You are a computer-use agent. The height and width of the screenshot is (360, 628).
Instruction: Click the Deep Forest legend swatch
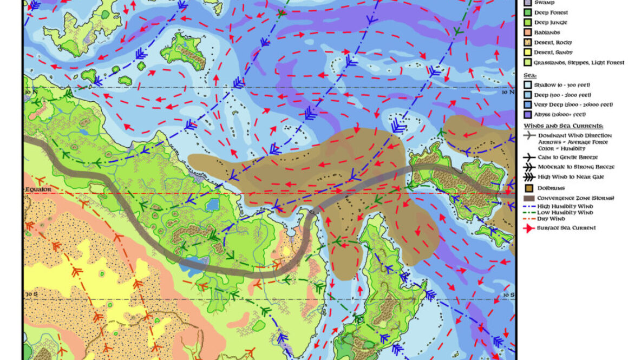click(x=528, y=12)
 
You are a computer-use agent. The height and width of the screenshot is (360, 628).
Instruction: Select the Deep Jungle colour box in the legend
click(x=528, y=23)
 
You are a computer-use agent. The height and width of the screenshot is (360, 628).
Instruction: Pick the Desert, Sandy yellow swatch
click(x=528, y=53)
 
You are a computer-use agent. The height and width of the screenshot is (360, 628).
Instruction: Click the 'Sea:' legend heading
click(x=530, y=76)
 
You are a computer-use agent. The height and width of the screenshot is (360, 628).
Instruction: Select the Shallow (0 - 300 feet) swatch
click(x=528, y=85)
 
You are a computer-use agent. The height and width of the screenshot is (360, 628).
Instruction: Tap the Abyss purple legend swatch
click(x=528, y=114)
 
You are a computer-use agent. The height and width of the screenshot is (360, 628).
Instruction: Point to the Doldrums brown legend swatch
click(x=528, y=188)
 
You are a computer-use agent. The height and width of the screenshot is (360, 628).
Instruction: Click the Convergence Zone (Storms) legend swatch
click(x=528, y=198)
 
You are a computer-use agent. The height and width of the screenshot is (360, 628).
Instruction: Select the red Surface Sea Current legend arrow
click(x=528, y=228)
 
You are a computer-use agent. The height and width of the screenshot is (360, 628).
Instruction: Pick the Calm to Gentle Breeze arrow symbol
click(x=528, y=156)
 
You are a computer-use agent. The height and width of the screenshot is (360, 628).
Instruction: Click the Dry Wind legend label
click(x=551, y=219)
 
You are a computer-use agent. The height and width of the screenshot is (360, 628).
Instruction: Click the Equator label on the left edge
click(x=38, y=189)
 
